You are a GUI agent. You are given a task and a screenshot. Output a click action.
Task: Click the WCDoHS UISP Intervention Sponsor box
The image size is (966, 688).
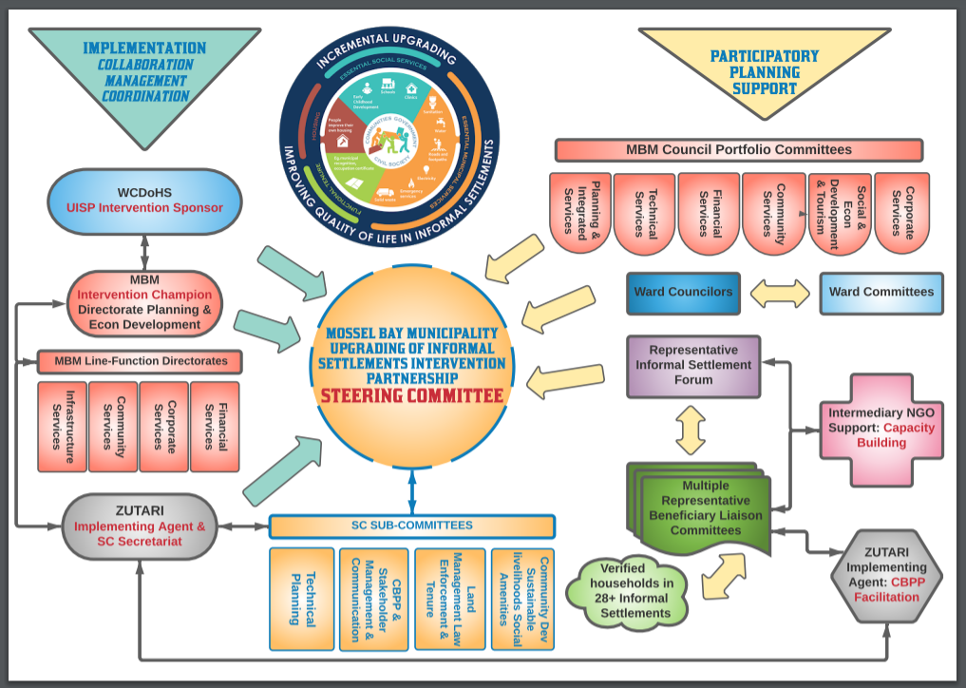tap(144, 201)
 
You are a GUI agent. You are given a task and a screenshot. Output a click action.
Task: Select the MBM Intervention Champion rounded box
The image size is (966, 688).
tap(144, 302)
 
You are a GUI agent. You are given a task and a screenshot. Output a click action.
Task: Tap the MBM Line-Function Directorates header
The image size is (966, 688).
tap(140, 361)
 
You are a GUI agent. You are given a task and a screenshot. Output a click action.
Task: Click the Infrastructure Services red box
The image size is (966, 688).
tap(62, 426)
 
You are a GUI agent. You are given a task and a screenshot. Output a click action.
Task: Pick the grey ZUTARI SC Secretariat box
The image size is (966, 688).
tap(140, 525)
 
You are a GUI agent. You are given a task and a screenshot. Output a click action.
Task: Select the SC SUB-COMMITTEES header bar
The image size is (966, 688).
tap(410, 526)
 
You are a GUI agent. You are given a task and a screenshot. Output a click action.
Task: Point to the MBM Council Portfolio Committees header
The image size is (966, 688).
tap(738, 149)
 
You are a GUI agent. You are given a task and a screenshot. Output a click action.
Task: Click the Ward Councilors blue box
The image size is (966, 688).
tap(684, 293)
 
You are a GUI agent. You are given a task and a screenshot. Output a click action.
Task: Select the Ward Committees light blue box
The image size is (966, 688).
tap(881, 293)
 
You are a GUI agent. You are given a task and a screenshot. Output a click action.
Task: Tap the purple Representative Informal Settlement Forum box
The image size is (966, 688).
tap(692, 366)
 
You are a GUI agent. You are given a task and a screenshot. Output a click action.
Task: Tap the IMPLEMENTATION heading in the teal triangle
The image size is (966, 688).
tap(144, 48)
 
